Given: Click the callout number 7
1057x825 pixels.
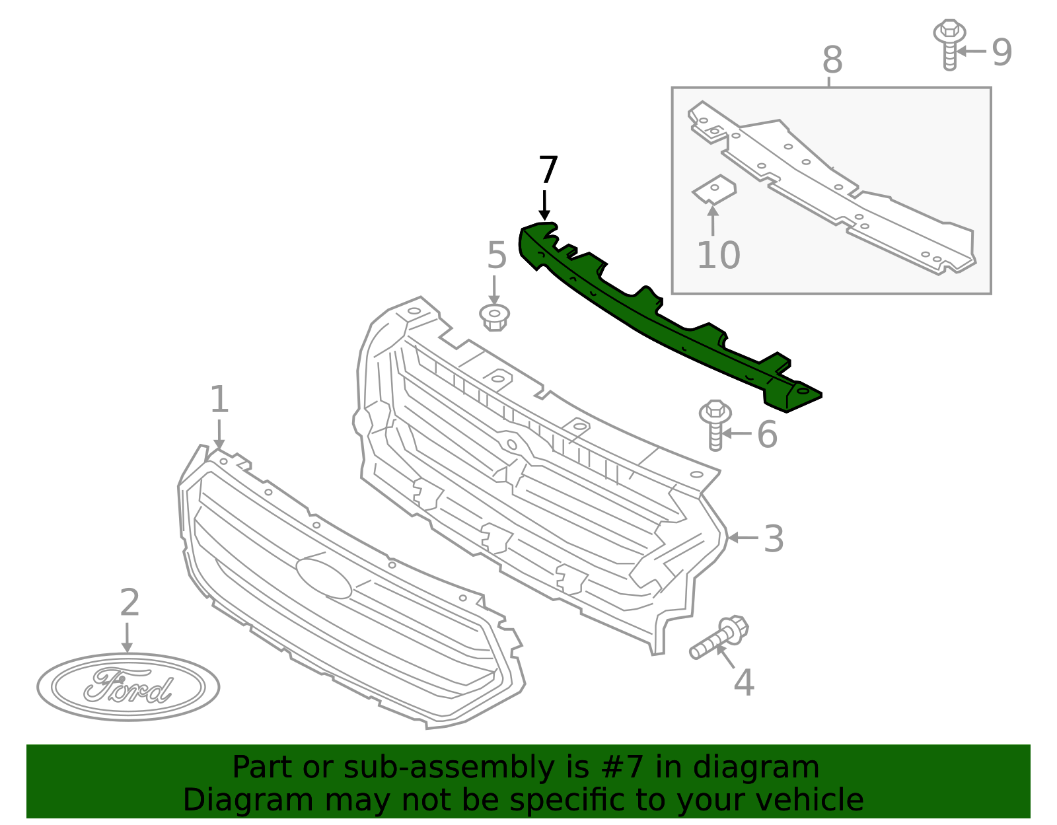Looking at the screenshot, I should point(548,170).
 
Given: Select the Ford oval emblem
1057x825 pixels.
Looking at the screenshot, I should point(128,687).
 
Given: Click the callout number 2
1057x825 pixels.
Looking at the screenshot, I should point(129,603).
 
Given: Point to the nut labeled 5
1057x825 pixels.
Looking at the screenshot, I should point(494,318).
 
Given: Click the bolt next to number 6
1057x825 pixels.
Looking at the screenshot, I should point(715,425).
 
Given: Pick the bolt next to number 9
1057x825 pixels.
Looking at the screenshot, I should point(949,44).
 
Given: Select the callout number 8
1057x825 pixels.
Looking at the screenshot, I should point(832,60).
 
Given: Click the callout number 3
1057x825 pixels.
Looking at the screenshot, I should point(773,539).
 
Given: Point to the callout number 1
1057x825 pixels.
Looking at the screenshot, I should point(219,400).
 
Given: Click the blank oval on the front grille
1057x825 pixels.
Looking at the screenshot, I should point(324,579).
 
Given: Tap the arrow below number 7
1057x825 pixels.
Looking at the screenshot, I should point(544,205).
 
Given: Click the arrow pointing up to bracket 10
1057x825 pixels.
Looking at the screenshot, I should point(713,220).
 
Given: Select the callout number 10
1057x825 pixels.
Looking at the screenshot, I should point(718,256).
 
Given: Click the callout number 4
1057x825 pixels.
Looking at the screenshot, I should point(744,683).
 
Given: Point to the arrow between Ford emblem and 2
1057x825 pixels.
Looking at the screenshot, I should point(127,637).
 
